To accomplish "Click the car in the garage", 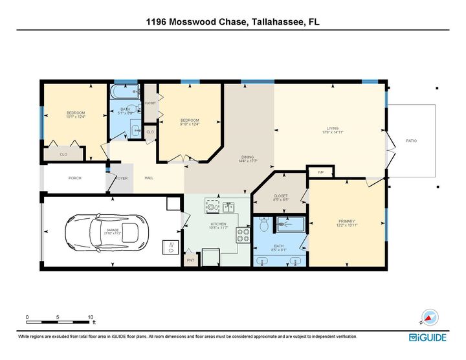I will pos(106,231).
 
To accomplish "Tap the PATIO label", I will pos(411,140).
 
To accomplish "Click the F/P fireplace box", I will pos(321,172).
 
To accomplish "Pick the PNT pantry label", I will pos(190,260).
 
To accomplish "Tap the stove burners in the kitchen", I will pos(243,234).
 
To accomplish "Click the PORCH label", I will pos(75,178).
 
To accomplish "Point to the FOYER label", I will pos(121,178).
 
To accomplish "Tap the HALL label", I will pos(149,178).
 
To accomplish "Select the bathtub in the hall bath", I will pos(125,91).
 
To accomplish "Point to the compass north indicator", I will pos(429,317).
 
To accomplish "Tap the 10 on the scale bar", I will pos(90,317).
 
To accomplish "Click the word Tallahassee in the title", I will pos(274,23).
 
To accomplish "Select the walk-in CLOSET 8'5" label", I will pos(280,195).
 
